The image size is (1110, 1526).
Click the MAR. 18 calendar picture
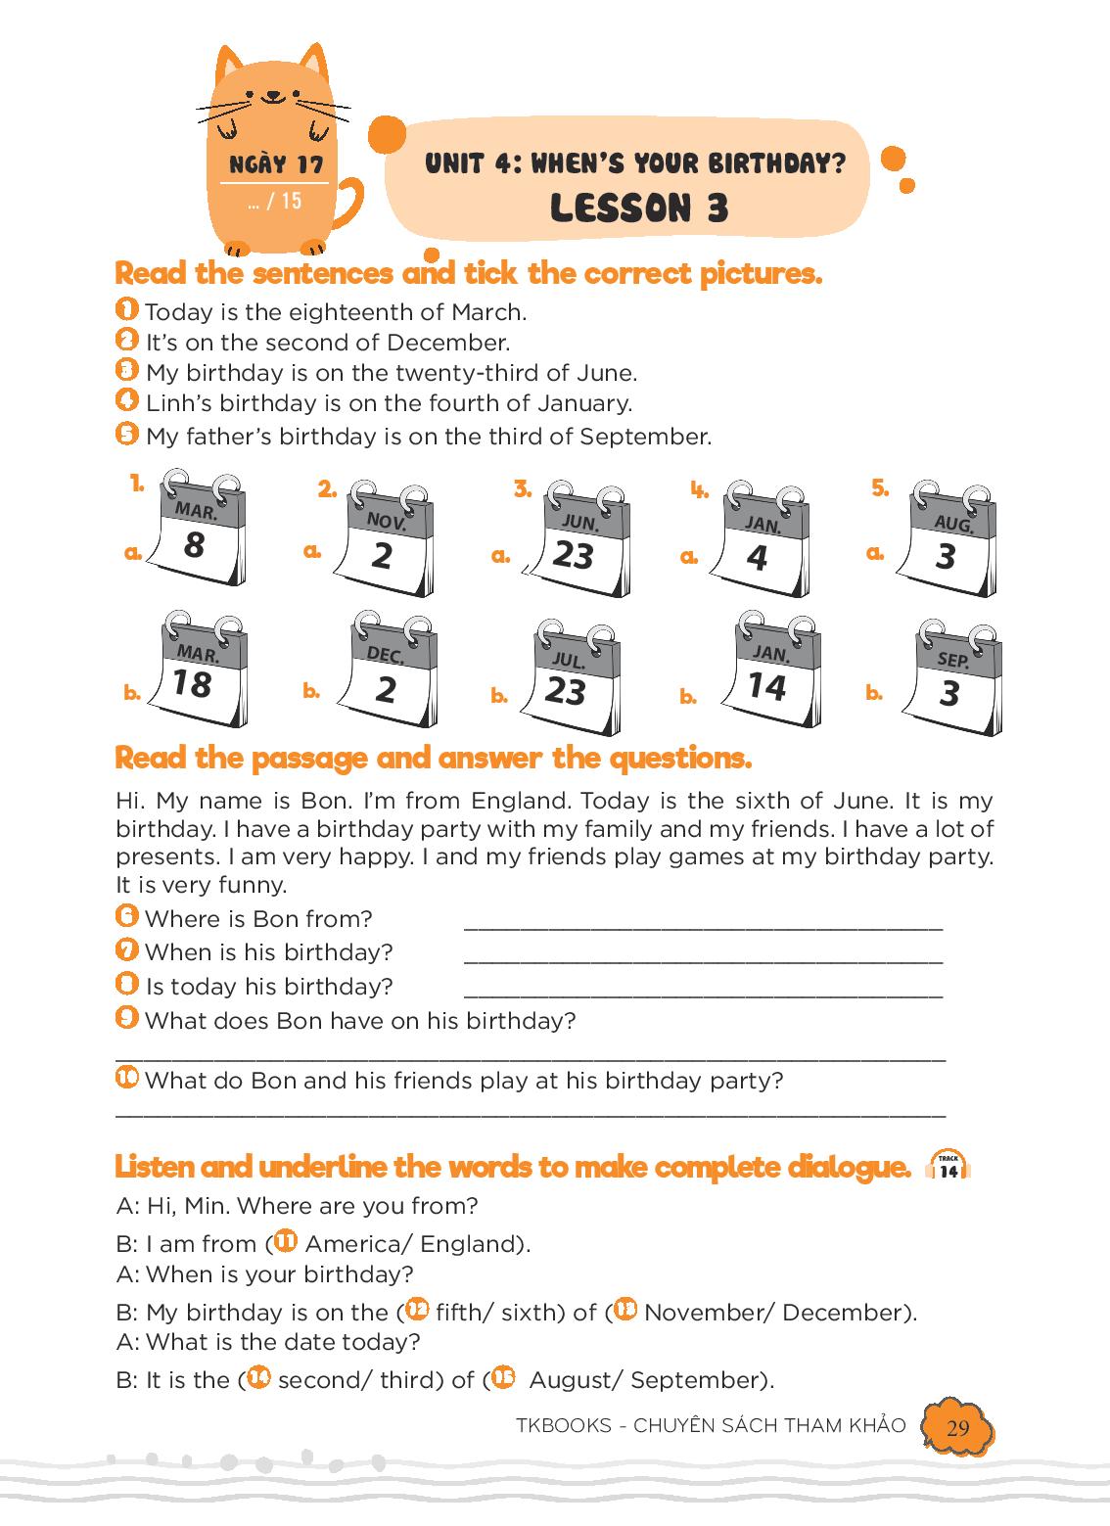pos(199,669)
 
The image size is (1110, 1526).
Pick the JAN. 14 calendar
pos(772,669)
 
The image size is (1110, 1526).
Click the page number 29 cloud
pos(957,1427)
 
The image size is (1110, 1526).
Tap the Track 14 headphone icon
pos(948,1168)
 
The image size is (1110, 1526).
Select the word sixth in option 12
pos(529,1312)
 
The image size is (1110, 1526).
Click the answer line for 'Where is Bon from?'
pos(703,928)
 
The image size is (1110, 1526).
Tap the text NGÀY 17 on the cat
pos(277,164)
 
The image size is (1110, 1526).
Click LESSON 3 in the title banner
pos(639,208)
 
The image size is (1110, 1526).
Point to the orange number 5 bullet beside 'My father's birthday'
pos(126,434)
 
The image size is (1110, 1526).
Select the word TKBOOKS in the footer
pos(564,1425)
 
